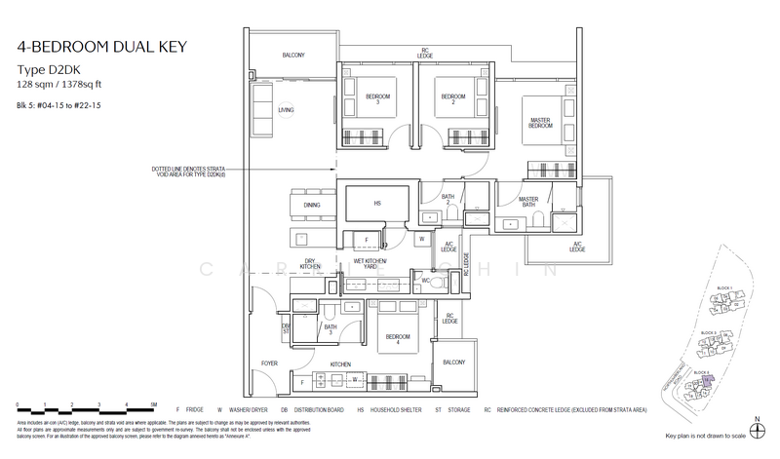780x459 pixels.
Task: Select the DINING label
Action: (312, 206)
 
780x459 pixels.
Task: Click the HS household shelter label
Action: (377, 203)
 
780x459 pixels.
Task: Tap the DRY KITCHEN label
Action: (311, 264)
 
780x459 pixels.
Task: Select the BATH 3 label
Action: (331, 331)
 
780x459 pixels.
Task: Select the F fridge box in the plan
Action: (366, 239)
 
